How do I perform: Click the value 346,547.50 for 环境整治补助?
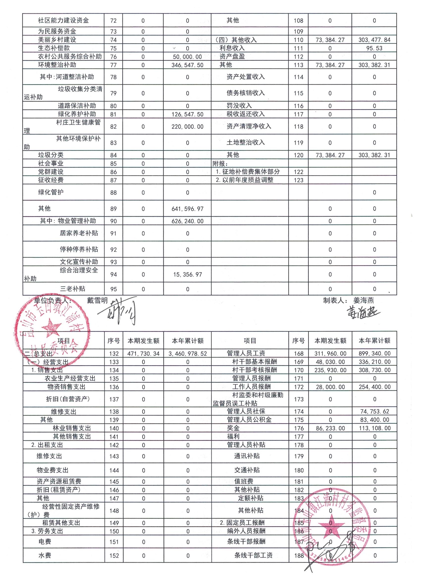tap(187, 65)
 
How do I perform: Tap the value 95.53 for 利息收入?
tap(374, 48)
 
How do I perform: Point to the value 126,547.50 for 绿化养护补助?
tap(187, 114)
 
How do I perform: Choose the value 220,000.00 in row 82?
tap(187, 127)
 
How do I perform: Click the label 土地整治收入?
tap(245, 142)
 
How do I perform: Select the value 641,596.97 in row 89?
tap(187, 209)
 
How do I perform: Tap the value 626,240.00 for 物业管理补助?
tap(187, 221)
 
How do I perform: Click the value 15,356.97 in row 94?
tap(187, 274)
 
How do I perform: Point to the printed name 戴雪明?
tap(97, 300)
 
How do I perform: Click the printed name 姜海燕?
tap(364, 300)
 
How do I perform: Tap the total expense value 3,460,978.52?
tap(187, 354)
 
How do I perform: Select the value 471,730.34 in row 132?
tap(143, 354)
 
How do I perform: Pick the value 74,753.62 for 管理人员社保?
tap(374, 411)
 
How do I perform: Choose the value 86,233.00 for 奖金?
tap(330, 428)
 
